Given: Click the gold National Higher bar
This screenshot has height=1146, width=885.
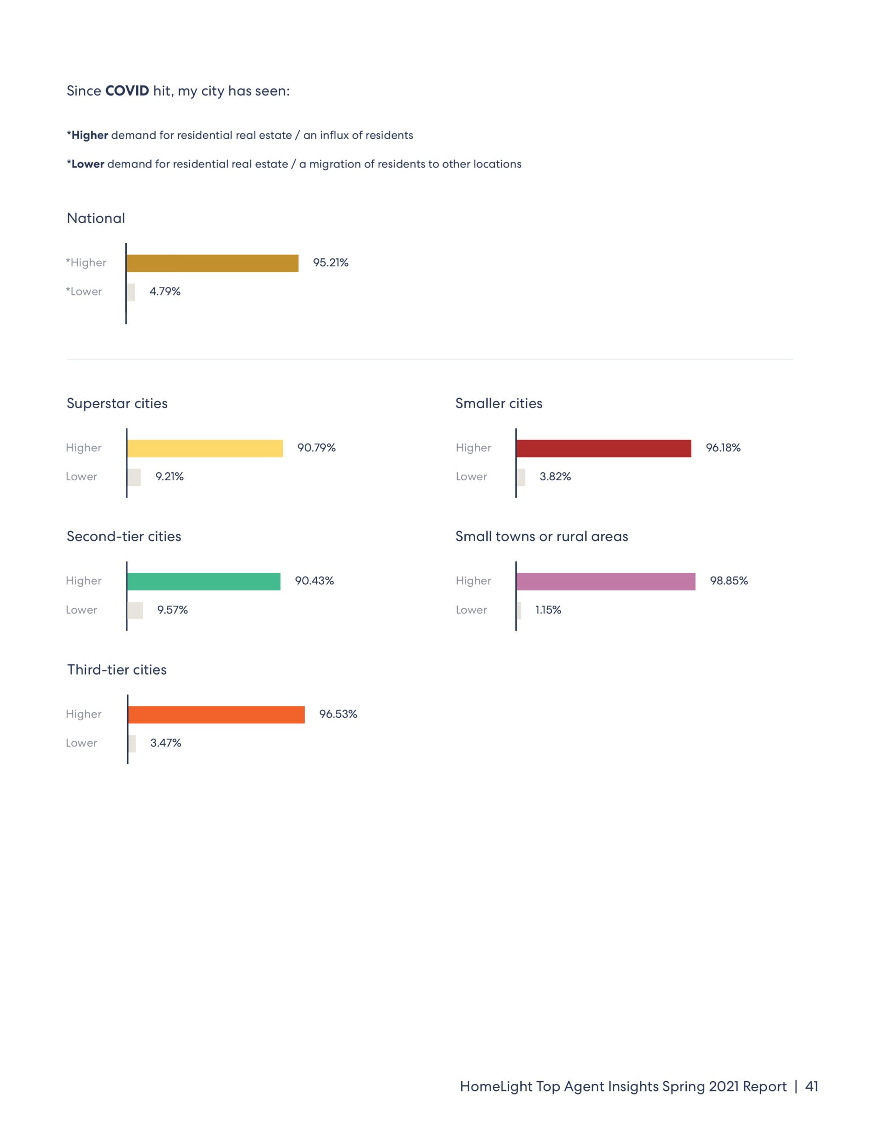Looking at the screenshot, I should tap(213, 263).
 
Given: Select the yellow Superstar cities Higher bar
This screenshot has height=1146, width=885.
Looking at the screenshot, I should tap(205, 448).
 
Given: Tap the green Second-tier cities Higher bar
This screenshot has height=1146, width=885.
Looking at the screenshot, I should tap(204, 582).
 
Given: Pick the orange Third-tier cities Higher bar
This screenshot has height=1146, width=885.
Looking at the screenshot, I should tap(216, 714).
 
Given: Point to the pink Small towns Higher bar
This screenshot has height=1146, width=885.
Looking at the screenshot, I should tap(606, 582).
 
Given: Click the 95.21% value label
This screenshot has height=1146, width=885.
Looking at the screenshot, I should tap(331, 262).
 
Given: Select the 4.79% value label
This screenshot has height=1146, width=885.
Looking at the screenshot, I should tap(165, 291).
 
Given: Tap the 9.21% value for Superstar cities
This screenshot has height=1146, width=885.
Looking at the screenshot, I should tap(170, 476).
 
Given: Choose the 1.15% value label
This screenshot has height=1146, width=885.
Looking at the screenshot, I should tap(548, 610).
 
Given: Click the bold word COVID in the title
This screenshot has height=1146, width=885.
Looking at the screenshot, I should tap(127, 91).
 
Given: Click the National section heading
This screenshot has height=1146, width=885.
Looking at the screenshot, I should tap(96, 218).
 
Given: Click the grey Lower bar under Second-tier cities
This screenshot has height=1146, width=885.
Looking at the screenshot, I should tap(135, 610).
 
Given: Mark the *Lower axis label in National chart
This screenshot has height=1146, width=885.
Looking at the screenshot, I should tap(84, 291).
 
